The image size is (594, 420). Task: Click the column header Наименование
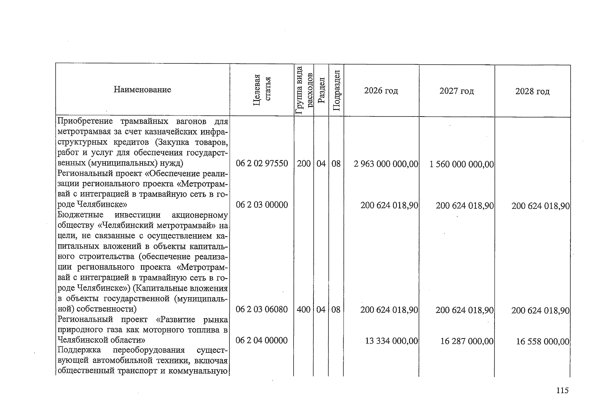click(142, 90)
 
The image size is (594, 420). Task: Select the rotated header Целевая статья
click(262, 90)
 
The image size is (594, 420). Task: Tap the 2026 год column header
click(381, 91)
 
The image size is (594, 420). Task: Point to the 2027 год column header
click(457, 91)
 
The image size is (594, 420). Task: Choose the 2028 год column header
click(532, 92)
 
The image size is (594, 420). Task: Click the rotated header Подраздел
click(336, 90)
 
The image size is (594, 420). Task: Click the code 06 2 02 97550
click(262, 163)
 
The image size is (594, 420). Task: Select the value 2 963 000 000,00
click(386, 164)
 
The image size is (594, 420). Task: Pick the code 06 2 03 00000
click(262, 205)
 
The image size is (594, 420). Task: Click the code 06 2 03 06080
click(262, 309)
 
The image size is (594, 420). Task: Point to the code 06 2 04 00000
click(262, 341)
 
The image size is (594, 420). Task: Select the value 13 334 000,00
click(392, 341)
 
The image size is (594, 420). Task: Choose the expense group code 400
click(304, 309)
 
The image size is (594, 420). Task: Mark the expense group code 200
click(304, 163)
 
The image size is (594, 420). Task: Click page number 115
click(562, 391)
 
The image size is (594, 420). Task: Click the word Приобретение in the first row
click(85, 121)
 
